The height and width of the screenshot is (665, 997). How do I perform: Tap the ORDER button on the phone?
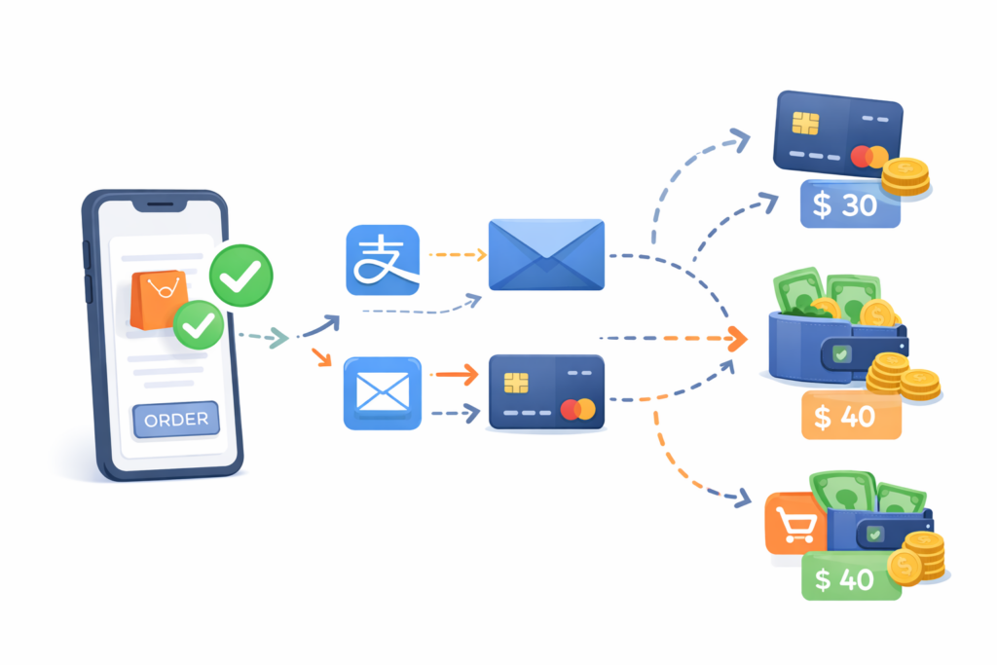[176, 420]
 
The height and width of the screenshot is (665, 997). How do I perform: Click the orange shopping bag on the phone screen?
[159, 300]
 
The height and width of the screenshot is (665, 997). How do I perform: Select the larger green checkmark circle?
[241, 276]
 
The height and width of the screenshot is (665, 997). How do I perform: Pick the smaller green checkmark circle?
[199, 325]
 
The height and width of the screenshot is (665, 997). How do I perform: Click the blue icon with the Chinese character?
[383, 260]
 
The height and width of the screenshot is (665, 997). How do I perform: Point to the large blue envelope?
[546, 254]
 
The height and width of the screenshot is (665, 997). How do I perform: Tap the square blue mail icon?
[382, 393]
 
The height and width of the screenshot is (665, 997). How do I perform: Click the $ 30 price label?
[850, 204]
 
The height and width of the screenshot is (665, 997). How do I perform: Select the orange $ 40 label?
[851, 416]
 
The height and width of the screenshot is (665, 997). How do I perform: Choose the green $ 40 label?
[851, 577]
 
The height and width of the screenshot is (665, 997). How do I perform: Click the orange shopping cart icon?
[795, 524]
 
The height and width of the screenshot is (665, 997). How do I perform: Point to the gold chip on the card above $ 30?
[805, 124]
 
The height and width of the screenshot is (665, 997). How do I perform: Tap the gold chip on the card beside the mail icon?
[516, 383]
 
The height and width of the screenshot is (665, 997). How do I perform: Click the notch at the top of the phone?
[160, 204]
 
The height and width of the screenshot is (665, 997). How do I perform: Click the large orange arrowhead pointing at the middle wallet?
[738, 339]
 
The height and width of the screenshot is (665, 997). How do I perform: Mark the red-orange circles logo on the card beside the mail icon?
[577, 409]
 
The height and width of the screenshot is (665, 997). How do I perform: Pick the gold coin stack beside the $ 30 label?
[905, 177]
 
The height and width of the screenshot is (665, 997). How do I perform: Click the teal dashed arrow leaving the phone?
[263, 336]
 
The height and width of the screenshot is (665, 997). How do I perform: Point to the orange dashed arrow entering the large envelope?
[458, 255]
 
